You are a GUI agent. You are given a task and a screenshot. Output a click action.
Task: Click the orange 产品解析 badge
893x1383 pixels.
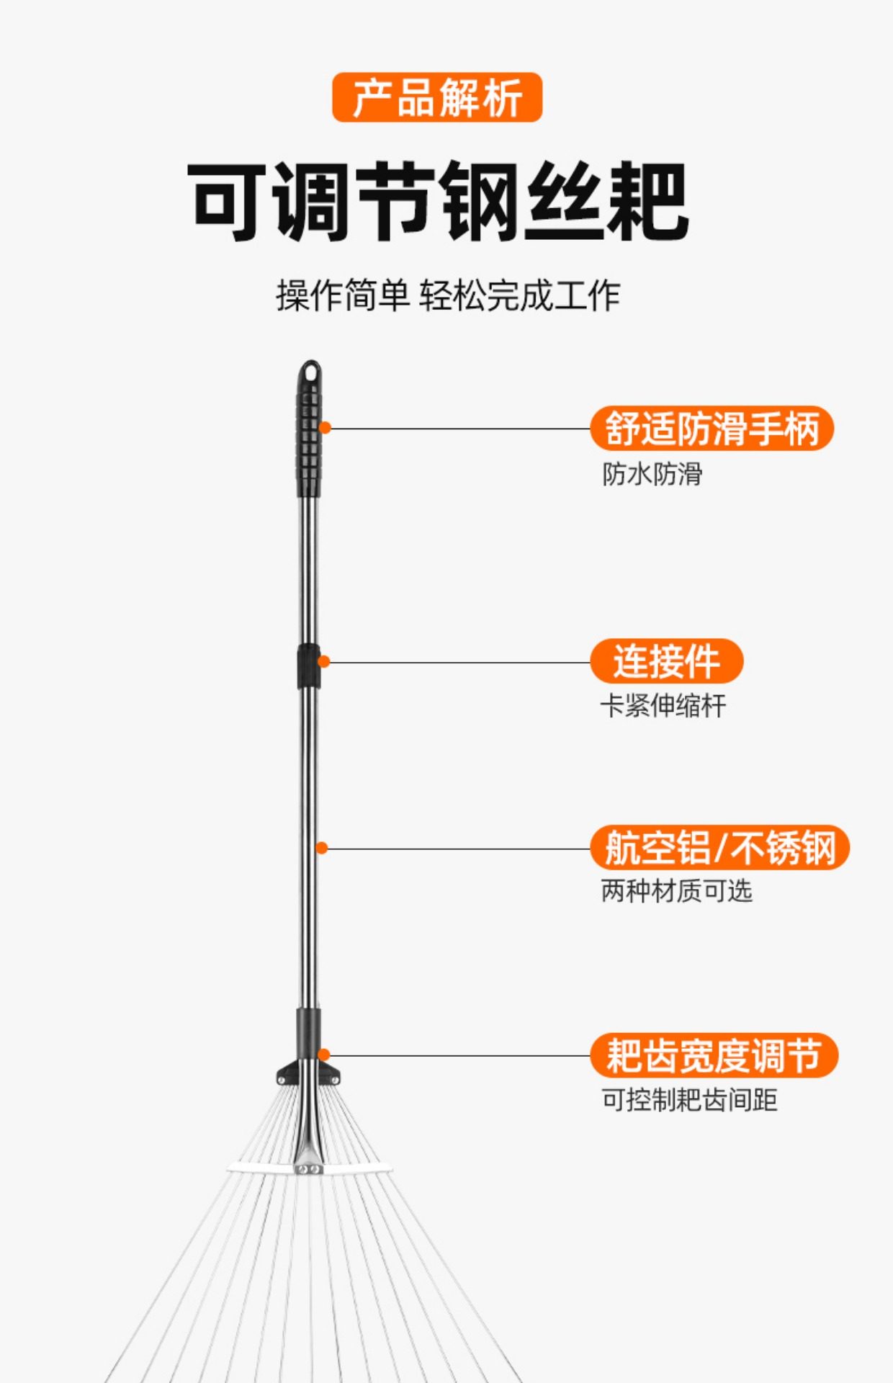[x=436, y=97]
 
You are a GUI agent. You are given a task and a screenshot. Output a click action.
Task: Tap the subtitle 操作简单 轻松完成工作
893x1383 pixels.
[x=447, y=295]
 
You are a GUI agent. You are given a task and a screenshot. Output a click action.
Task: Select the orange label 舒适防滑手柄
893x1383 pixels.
[x=712, y=429]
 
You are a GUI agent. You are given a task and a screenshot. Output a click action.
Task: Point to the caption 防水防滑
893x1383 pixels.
[x=652, y=474]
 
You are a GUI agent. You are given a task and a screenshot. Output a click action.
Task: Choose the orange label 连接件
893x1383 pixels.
[x=666, y=661]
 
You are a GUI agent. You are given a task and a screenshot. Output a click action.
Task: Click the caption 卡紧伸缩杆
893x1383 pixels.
[x=663, y=706]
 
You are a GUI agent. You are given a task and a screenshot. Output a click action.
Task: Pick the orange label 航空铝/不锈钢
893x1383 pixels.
[x=719, y=848]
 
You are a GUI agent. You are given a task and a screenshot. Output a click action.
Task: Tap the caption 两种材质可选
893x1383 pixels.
[x=676, y=892]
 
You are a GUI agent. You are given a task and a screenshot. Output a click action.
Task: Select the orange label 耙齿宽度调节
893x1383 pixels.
[x=714, y=1055]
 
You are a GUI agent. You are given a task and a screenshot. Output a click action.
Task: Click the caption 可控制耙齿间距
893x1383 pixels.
[x=689, y=1100]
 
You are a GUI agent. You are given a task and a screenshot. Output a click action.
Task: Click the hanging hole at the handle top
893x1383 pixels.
[x=310, y=372]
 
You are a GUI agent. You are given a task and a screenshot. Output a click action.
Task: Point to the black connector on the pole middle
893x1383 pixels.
[x=308, y=666]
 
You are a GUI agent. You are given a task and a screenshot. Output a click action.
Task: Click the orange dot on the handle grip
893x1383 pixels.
[x=325, y=428]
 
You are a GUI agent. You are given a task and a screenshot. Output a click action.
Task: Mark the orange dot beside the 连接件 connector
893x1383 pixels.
[x=324, y=661]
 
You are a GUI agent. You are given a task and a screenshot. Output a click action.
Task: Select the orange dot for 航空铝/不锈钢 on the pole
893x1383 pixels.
[x=322, y=849]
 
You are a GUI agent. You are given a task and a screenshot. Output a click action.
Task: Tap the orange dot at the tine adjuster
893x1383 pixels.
[x=324, y=1055]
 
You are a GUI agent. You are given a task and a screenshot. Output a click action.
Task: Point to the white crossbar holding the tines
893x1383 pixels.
[x=360, y=1168]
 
